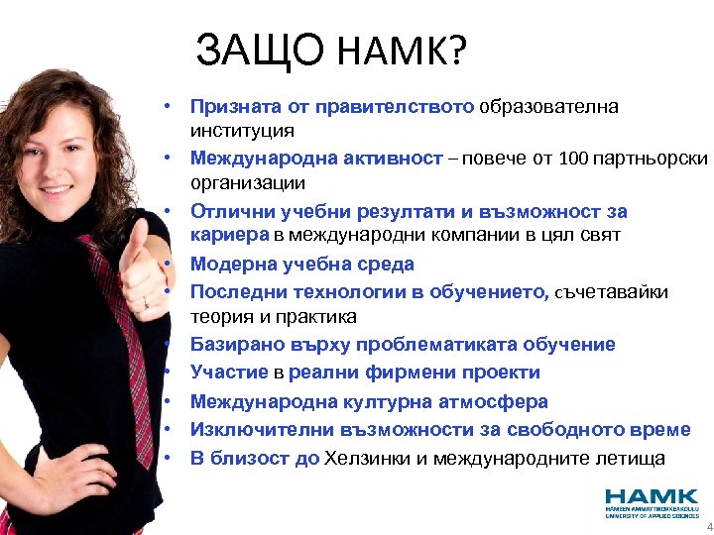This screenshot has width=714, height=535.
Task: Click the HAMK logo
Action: pyautogui.click(x=653, y=502)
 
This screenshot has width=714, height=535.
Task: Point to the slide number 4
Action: pyautogui.click(x=708, y=528)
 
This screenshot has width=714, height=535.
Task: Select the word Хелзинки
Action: pyautogui.click(x=372, y=458)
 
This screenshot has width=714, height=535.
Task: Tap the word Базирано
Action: pyautogui.click(x=235, y=345)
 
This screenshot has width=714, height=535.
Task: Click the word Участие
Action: pyautogui.click(x=229, y=373)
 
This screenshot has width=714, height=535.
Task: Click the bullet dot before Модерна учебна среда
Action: pyautogui.click(x=171, y=264)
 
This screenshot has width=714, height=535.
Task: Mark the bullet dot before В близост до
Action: pyautogui.click(x=171, y=458)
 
